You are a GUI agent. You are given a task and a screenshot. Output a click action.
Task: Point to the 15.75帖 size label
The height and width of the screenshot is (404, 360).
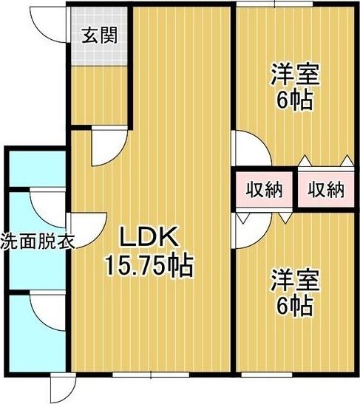click(148, 264)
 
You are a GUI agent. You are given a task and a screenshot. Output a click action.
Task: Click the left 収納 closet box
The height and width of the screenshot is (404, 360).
click(264, 190)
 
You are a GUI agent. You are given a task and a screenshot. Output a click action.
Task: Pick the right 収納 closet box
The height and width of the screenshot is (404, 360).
click(325, 190)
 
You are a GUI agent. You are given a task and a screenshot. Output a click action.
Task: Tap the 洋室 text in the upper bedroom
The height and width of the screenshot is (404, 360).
click(294, 74)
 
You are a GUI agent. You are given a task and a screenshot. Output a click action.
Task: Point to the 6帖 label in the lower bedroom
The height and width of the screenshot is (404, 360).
click(294, 304)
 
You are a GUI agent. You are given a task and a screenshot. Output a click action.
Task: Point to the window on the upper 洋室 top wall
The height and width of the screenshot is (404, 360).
click(274, 6)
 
